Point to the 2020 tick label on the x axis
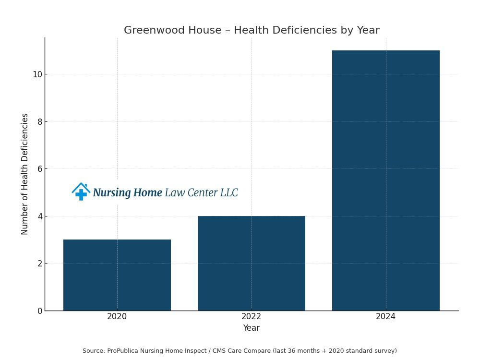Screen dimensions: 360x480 point(117,317)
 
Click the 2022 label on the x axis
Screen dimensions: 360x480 point(251,317)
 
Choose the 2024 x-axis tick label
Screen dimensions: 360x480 point(385,317)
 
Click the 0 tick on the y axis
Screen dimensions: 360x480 point(39,311)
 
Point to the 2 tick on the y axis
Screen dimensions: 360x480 point(39,264)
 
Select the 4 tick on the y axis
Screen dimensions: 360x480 point(39,216)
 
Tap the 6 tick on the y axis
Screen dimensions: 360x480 point(39,169)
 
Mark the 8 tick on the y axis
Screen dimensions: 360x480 point(39,122)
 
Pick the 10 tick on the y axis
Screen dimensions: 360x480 point(37,74)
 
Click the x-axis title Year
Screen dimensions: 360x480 point(251,328)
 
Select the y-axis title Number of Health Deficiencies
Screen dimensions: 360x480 point(25,174)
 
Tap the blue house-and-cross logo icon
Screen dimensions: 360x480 point(81,192)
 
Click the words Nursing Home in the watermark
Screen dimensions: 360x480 point(127,193)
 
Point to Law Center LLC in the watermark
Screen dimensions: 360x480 point(201,193)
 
